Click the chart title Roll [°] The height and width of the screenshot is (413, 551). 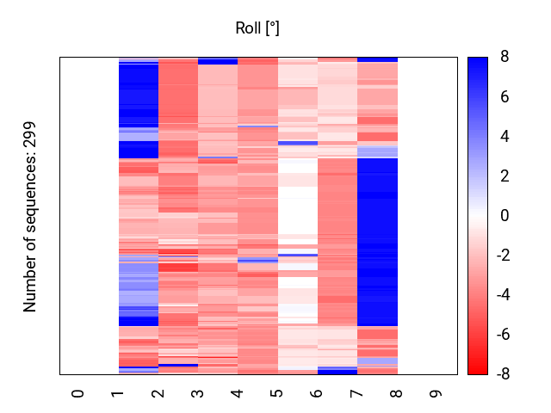(257, 28)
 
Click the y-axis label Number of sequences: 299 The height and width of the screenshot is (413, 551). (31, 216)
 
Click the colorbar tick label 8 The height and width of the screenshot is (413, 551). (505, 58)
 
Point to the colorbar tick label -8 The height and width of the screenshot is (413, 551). (502, 374)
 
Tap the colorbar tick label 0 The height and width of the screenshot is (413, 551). (505, 216)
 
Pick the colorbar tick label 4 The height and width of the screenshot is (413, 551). (505, 137)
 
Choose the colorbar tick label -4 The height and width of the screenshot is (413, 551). (502, 295)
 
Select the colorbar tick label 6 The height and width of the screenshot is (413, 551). (505, 97)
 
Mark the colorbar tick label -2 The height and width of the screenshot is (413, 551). (502, 256)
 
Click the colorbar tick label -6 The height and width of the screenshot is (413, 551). (502, 335)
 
